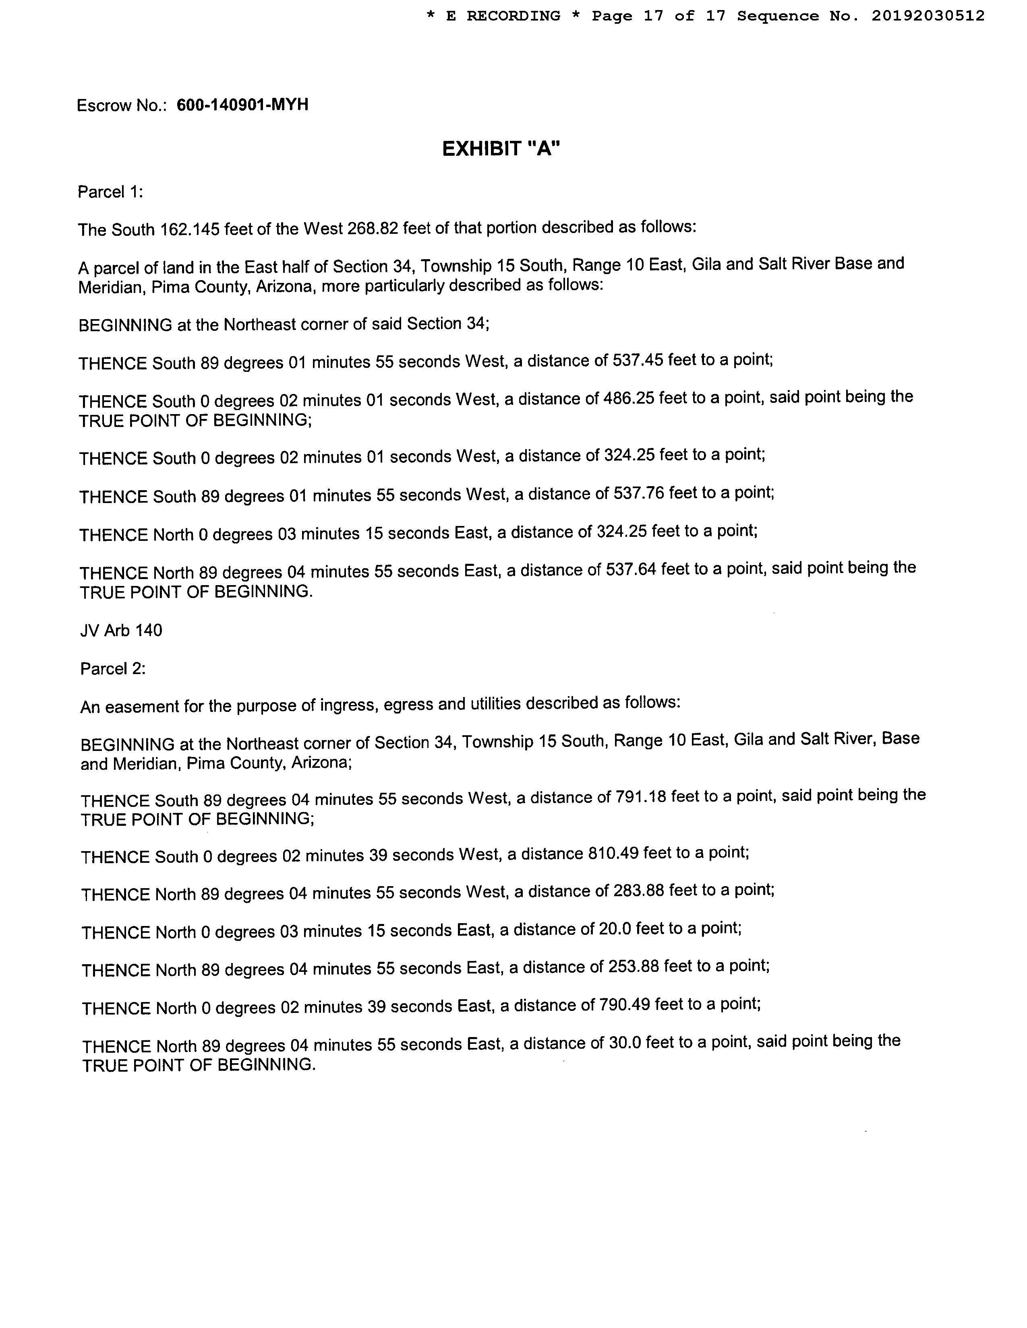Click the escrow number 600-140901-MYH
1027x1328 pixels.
pyautogui.click(x=242, y=105)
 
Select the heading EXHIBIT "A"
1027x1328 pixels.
pyautogui.click(x=500, y=149)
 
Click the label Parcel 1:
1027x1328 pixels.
pyautogui.click(x=110, y=192)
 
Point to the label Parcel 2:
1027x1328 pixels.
pyautogui.click(x=112, y=669)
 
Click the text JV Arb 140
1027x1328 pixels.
pyautogui.click(x=121, y=631)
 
